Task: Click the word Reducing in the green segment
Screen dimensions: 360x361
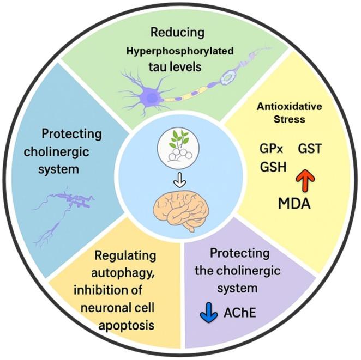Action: [x=178, y=33]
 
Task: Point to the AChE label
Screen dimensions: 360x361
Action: [x=240, y=314]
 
